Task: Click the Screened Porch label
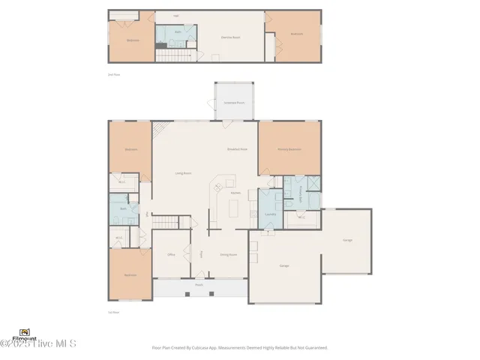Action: [235, 102]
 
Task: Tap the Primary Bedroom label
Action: [289, 150]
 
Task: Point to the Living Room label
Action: [184, 173]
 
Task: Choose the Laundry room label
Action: [269, 214]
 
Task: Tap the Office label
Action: [171, 255]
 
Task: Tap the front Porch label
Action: [199, 285]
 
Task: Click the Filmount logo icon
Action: [25, 332]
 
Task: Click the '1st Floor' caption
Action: [114, 311]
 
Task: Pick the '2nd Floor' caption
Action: [114, 74]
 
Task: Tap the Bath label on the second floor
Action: [178, 32]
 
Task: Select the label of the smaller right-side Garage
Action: [347, 240]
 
